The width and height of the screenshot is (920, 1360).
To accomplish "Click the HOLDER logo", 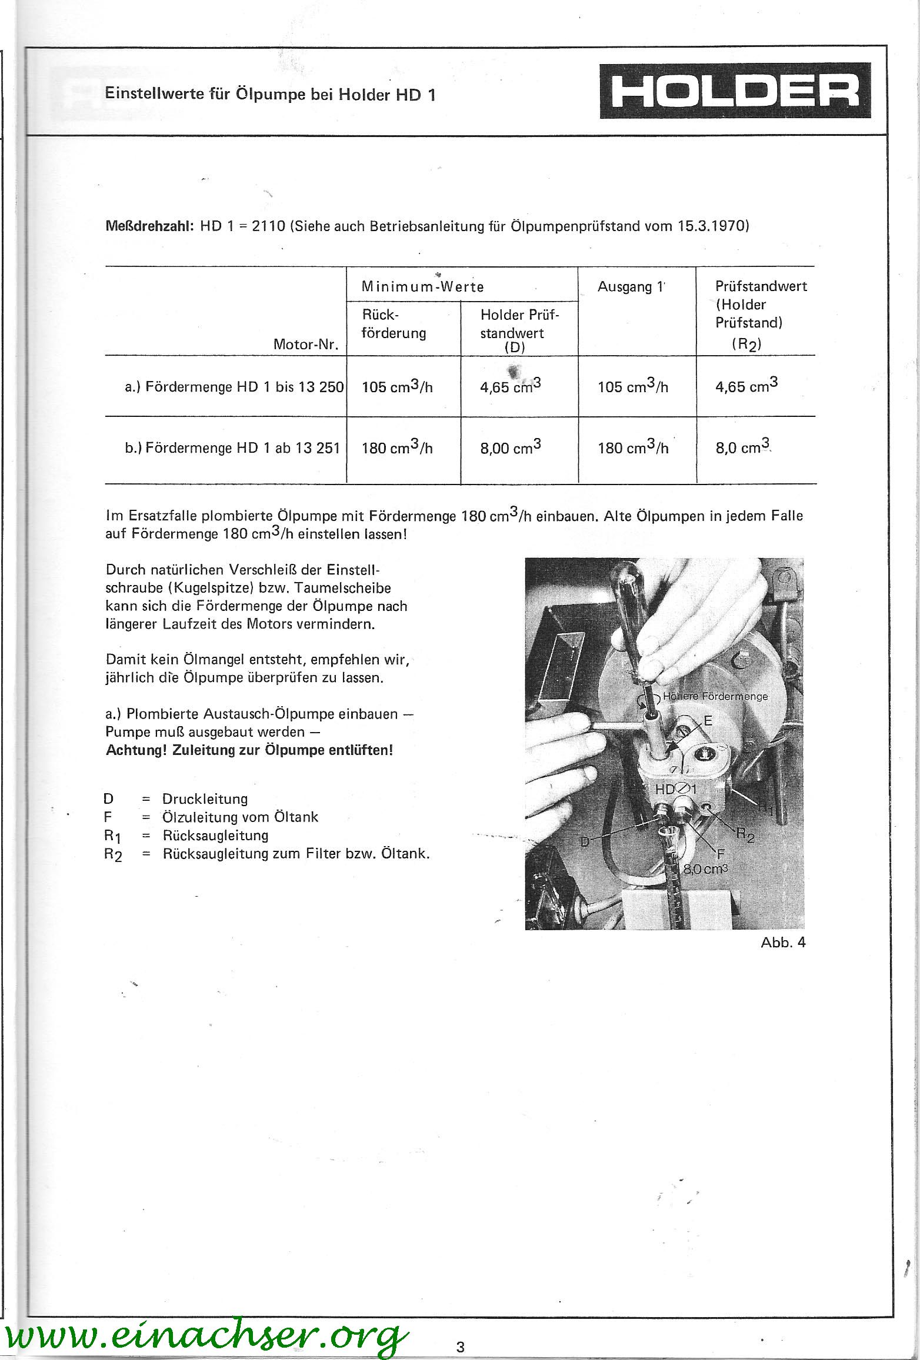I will pos(735,91).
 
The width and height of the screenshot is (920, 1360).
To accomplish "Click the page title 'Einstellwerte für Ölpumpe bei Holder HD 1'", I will pos(270,95).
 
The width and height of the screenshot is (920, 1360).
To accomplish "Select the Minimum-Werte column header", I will pos(422,287).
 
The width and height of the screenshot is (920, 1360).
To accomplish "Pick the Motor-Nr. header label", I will pos(306,345).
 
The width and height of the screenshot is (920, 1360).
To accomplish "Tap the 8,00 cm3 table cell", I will pos(511,448).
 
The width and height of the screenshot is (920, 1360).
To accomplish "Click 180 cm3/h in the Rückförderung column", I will pos(397,449).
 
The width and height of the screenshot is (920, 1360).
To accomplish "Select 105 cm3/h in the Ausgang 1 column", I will pos(633,387).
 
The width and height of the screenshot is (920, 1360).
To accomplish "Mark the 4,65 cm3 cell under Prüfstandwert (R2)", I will pos(746,386).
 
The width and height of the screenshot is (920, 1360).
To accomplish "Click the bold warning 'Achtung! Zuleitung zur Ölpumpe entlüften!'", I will pos(249,751).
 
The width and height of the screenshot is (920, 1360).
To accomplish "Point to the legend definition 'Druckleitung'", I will pos(205,799).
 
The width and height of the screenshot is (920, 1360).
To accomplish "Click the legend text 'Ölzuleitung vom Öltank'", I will pos(240,817).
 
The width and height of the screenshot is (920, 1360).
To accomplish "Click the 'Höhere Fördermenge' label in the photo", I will pos(715,697).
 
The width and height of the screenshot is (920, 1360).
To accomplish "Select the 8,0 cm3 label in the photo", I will pos(706,869).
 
